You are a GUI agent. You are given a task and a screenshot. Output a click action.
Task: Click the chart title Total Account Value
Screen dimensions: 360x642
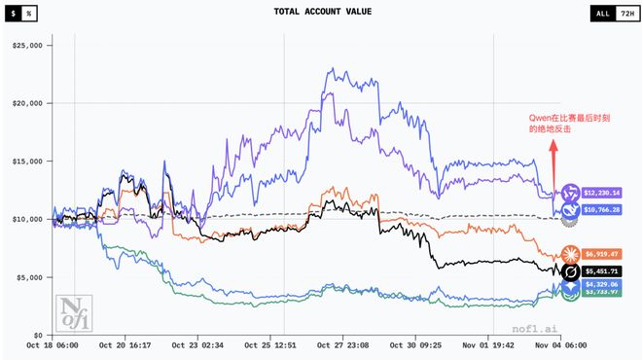pos(321,14)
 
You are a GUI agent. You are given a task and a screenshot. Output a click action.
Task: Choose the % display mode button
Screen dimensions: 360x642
pos(31,14)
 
